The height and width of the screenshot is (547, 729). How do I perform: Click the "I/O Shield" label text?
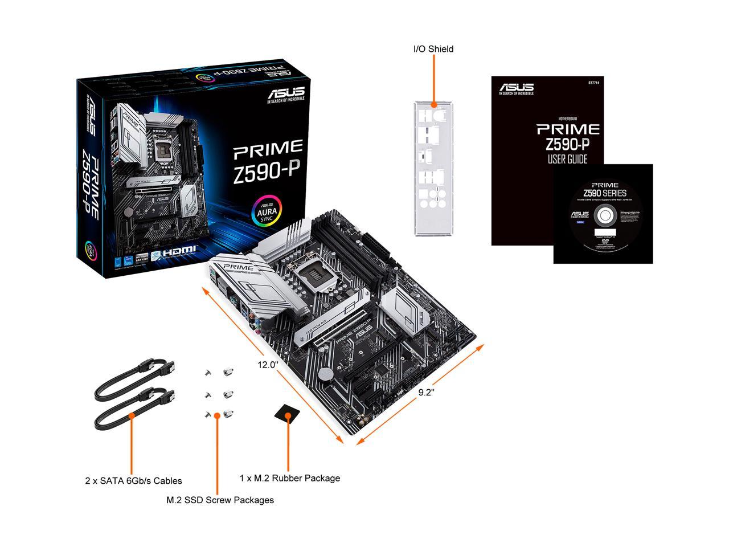[433, 49]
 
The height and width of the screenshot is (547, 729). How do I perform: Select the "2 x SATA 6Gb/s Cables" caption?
[133, 481]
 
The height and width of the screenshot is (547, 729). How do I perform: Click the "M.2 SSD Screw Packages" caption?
[220, 500]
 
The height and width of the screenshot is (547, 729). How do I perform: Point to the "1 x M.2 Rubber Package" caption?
[290, 478]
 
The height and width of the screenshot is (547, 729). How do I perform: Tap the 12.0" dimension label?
[267, 364]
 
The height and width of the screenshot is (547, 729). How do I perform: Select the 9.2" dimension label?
[427, 392]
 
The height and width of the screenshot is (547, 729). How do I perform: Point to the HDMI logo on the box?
[180, 250]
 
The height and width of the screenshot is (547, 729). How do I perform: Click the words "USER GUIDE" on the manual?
[567, 159]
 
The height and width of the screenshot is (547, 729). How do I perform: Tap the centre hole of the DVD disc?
[603, 217]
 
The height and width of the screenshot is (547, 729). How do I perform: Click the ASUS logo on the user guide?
[517, 88]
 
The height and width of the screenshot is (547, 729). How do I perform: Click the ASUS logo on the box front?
[286, 92]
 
